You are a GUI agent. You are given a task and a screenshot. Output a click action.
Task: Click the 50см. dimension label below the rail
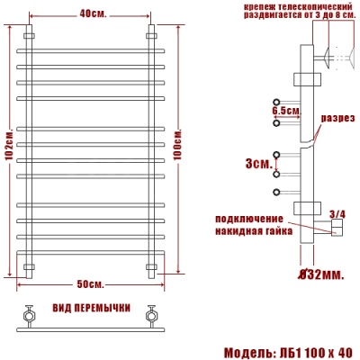[x=89, y=285]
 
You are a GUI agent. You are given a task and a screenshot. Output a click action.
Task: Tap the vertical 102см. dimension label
[x=8, y=149]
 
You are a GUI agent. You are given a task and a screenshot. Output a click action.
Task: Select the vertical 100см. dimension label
[x=177, y=144]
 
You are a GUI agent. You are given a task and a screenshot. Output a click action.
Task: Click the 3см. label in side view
[x=256, y=164]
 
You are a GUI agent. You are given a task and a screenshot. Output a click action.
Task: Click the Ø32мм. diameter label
[x=321, y=273]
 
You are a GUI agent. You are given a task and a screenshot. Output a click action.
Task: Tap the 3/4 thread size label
[x=337, y=213]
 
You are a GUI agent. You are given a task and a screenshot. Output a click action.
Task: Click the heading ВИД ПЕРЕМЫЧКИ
[x=90, y=307]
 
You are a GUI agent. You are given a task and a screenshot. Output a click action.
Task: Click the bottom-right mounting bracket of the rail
[x=150, y=266]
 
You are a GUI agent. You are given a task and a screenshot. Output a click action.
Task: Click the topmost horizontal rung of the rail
[x=90, y=50]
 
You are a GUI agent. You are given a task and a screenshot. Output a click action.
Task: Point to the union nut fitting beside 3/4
[x=334, y=230]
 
